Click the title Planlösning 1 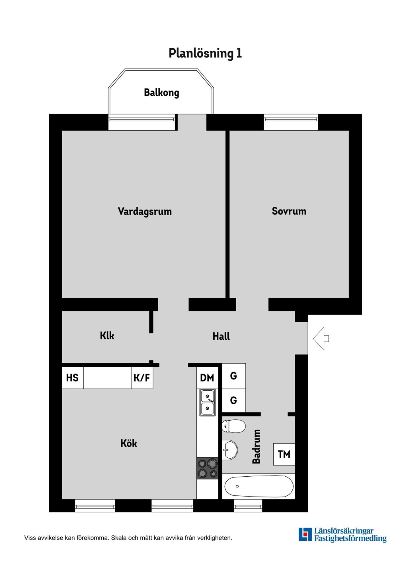click(x=205, y=53)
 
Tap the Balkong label click(x=161, y=93)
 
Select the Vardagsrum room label click(x=145, y=212)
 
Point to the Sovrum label click(x=289, y=211)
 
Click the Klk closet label click(x=107, y=336)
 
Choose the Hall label click(x=221, y=336)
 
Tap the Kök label click(x=129, y=443)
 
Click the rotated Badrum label click(x=256, y=446)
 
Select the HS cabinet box click(x=73, y=378)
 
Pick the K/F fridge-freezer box click(x=142, y=378)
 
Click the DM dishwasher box click(x=207, y=378)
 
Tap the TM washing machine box click(x=284, y=454)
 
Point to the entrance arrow click(x=321, y=339)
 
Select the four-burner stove click(x=207, y=468)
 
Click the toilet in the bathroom click(x=233, y=426)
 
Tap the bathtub click(x=259, y=486)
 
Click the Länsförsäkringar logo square click(x=305, y=534)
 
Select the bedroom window click(x=291, y=122)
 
